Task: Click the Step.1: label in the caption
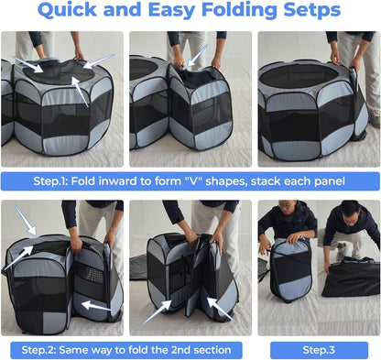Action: coord(57,180)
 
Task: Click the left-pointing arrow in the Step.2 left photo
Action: coord(97,307)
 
